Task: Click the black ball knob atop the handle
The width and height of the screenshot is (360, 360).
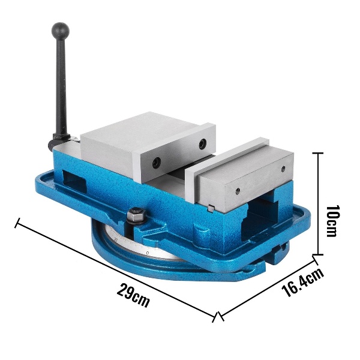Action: point(61,31)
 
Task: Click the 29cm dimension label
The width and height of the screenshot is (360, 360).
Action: point(133,295)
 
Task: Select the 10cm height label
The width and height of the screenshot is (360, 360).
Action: point(333,221)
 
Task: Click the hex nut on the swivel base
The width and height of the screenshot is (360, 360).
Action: point(136,215)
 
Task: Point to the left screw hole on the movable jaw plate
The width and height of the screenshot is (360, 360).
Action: point(157,163)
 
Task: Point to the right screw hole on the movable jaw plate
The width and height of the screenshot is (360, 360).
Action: point(203,144)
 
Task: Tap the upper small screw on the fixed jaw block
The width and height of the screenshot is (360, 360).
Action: point(283,169)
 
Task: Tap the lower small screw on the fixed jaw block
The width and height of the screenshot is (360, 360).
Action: point(238,190)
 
